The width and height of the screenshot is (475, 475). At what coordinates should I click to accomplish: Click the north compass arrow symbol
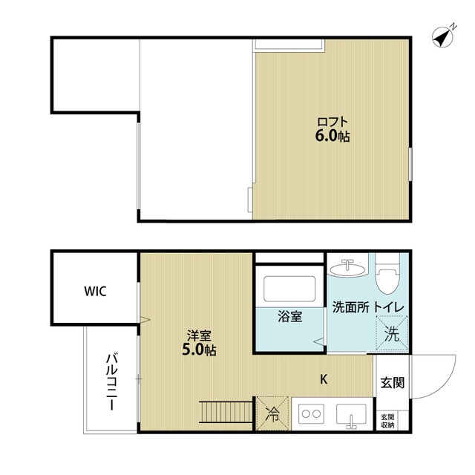pos(443,36)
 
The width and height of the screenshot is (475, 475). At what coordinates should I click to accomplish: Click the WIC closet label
pos(95,291)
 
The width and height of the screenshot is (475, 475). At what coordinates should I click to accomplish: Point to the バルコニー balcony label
pos(111,381)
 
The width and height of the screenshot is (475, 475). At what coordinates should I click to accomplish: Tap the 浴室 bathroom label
pos(290,316)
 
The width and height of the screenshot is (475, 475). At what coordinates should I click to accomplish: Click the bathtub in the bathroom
pos(290,286)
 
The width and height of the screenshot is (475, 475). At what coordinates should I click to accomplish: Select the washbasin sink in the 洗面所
pos(348,267)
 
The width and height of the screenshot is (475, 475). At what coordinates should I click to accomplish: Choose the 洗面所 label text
pos(350,307)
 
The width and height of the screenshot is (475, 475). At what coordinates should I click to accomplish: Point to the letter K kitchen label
pos(324,379)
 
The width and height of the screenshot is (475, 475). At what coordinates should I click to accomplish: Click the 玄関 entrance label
pos(392,382)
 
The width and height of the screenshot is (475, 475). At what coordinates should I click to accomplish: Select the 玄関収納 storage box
pos(388,421)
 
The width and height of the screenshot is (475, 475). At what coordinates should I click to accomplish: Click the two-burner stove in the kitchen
pos(310,415)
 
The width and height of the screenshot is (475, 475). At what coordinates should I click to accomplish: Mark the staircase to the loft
pos(227,412)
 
